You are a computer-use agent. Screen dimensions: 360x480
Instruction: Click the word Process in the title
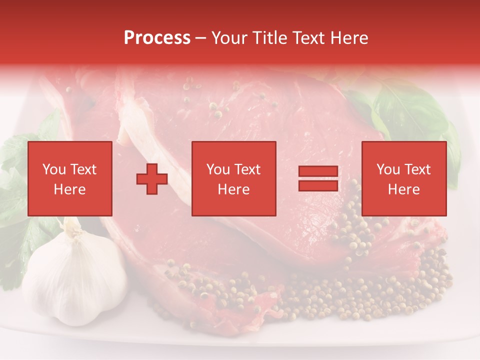(157, 38)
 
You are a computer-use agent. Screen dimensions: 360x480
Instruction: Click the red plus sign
(152, 179)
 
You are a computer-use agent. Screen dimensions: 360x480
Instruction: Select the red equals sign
(318, 178)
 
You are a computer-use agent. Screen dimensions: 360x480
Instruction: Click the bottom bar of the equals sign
(318, 185)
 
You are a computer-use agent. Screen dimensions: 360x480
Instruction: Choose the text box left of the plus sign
(70, 178)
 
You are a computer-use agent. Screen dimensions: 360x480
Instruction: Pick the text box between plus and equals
(234, 178)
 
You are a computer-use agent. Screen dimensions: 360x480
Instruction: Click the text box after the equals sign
(404, 178)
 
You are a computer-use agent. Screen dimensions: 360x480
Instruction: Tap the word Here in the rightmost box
(404, 189)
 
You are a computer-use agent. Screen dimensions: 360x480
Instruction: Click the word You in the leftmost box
(54, 169)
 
